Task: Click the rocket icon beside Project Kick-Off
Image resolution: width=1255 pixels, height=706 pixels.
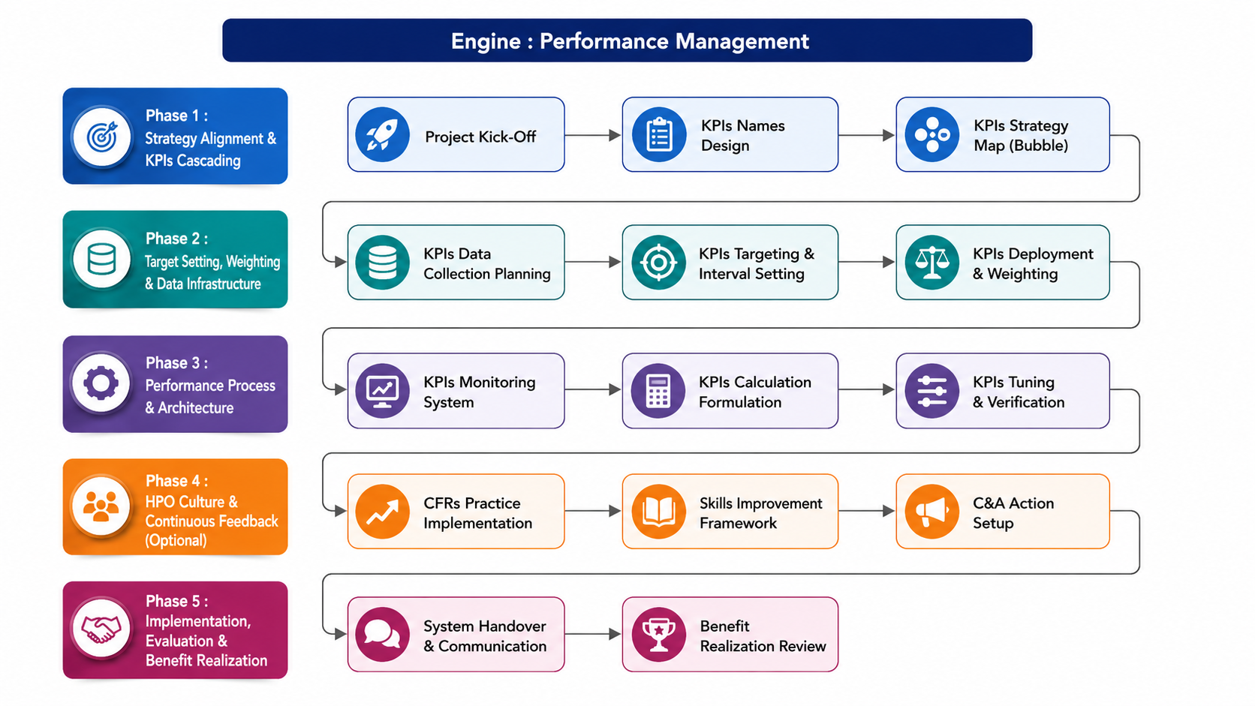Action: pos(382,134)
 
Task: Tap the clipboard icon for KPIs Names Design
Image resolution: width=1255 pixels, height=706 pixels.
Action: pos(659,134)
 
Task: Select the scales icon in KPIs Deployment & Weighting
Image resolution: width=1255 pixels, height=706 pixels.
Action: pos(931,262)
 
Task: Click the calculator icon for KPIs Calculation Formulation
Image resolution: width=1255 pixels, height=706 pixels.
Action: pos(658,390)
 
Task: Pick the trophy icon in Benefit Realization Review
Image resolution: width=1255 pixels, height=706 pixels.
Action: pos(659,634)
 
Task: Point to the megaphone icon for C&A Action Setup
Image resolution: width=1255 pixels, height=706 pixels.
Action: pos(931,511)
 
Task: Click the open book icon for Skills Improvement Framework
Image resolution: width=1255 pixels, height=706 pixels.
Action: pos(659,511)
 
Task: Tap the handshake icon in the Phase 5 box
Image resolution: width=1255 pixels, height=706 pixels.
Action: pos(101,628)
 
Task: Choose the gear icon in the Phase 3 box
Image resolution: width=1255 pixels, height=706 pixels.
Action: pos(101,383)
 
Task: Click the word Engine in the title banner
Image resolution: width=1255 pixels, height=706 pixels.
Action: pos(486,41)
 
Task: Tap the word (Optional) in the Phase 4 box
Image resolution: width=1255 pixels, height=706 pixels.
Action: pos(176,540)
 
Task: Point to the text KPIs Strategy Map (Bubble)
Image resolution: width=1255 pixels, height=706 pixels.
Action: pos(1021,136)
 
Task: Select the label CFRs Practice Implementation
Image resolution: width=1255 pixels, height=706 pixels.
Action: pos(478,513)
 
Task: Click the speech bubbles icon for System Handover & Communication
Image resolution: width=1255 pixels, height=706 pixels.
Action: pos(382,634)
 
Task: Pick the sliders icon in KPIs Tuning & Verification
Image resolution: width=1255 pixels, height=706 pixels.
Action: pos(931,390)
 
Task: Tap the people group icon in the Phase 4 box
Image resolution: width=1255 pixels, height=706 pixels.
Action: pos(101,506)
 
